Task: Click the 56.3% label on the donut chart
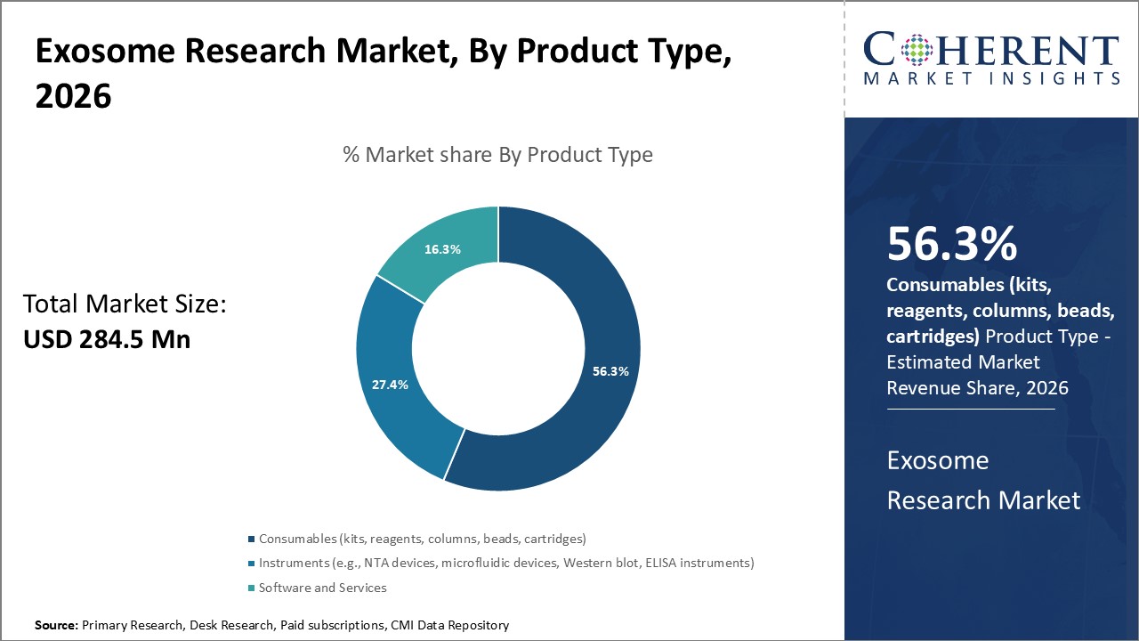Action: [610, 371]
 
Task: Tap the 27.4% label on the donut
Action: [390, 385]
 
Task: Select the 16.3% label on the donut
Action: [442, 249]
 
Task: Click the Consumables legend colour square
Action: [252, 539]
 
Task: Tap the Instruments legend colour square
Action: [252, 564]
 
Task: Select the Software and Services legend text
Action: [323, 588]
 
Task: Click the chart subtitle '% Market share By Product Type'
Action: [497, 155]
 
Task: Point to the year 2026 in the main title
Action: [73, 97]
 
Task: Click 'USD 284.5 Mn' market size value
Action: [106, 339]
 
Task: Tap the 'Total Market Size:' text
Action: [125, 305]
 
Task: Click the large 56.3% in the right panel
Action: [951, 245]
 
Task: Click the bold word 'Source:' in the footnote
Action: [56, 626]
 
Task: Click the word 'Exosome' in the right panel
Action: [938, 460]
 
